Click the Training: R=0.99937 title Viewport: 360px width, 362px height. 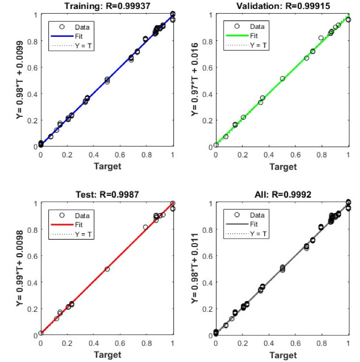click(107, 5)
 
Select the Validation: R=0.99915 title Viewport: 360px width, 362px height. click(282, 5)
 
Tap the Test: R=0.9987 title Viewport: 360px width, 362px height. click(107, 194)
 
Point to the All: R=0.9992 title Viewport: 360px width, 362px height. click(282, 194)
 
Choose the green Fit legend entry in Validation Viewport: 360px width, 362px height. click(253, 35)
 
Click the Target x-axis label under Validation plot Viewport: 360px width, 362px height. click(282, 166)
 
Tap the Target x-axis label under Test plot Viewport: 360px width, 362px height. click(107, 355)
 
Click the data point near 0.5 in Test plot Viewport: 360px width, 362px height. click(107, 269)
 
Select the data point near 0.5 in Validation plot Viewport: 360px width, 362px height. click(282, 79)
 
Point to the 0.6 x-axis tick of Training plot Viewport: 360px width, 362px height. click(120, 154)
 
